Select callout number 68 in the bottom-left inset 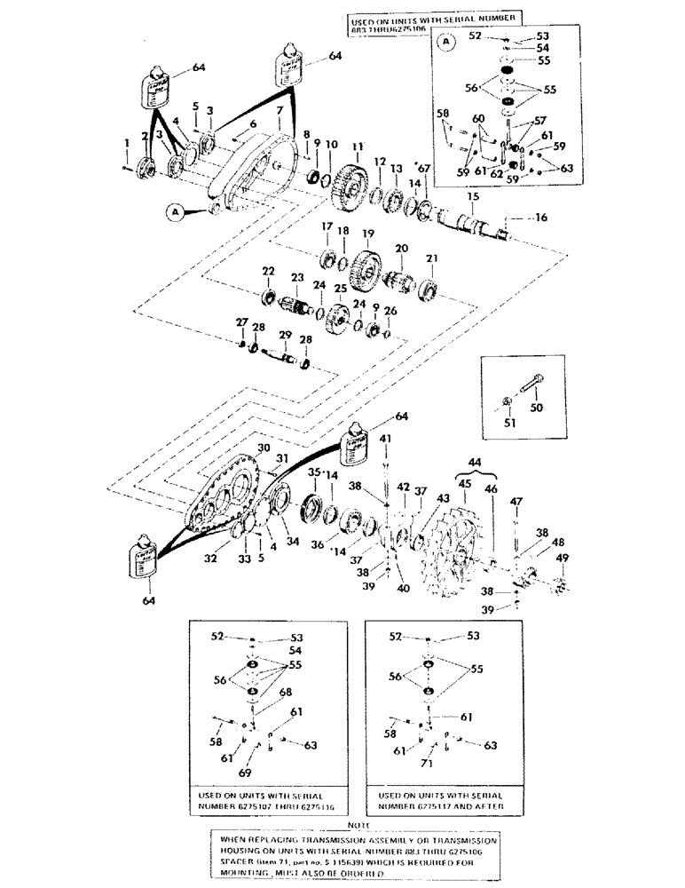pos(283,694)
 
